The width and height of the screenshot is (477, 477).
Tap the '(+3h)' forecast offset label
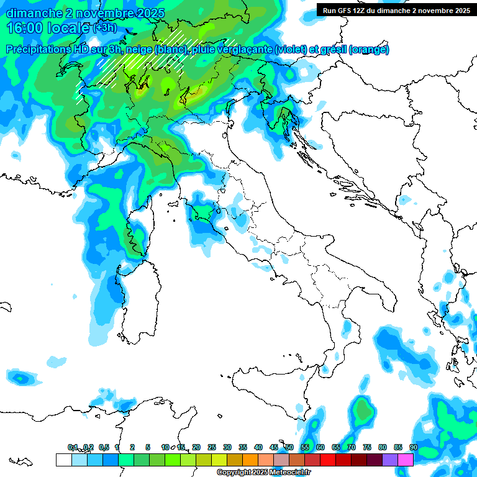click(104, 28)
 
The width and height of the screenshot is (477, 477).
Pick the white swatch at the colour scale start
click(63, 460)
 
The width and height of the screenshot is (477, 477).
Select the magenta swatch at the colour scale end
click(406, 460)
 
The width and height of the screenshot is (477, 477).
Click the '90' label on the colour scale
click(414, 447)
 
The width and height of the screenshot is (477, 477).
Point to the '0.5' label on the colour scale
click(104, 447)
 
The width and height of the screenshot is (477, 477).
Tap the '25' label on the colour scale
click(212, 447)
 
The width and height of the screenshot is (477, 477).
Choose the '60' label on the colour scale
click(320, 447)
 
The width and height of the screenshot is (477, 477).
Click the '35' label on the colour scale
click(243, 447)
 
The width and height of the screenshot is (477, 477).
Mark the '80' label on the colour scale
click(383, 447)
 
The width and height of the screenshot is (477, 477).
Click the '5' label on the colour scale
click(148, 447)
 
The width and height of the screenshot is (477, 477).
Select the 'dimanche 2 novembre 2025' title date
click(85, 13)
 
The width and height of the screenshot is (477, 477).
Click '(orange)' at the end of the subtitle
click(369, 50)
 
